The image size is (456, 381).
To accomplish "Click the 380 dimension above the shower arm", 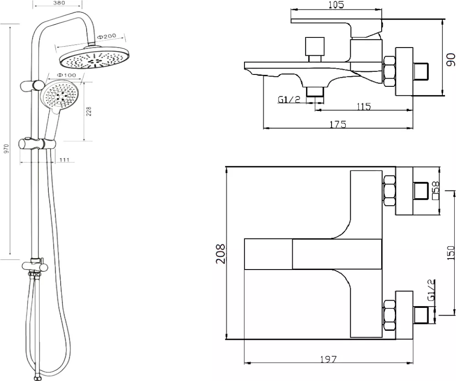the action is point(59,3).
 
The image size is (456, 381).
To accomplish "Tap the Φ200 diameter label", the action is point(106,37).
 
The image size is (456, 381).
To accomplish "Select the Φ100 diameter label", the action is point(66,75).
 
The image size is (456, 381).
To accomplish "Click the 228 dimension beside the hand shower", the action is point(89,111).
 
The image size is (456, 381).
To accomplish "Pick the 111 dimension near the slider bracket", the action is point(64,159).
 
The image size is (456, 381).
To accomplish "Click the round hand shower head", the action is point(60,95).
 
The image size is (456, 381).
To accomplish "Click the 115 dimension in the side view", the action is point(363,106).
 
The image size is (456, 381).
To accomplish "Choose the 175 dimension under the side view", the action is point(337,124).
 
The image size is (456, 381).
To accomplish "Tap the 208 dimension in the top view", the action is point(220,254).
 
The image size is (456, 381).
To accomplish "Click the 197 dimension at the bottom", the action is point(328,359).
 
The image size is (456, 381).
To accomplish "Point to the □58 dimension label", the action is point(436,190).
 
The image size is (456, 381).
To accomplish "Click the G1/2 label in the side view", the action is point(289,100).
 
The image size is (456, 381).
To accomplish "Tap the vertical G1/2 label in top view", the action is point(431,290).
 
